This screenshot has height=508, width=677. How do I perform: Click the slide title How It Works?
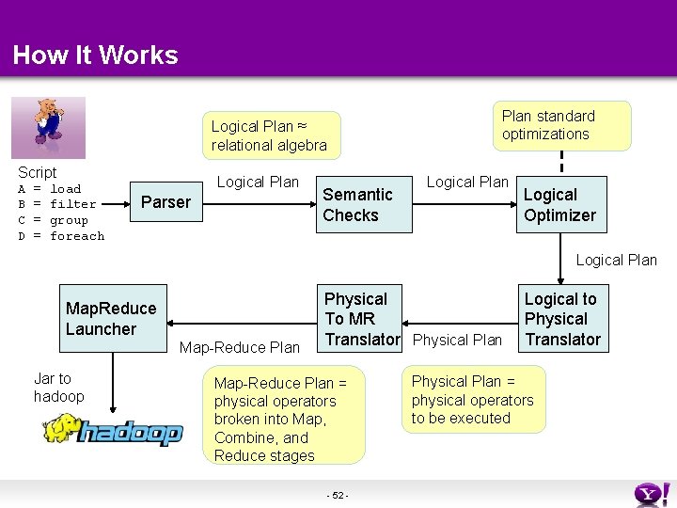(x=95, y=56)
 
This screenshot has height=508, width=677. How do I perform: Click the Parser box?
(x=165, y=201)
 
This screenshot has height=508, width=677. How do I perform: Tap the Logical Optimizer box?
(x=559, y=205)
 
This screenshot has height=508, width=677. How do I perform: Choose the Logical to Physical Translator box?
(x=562, y=319)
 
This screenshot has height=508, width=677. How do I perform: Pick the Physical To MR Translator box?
(x=362, y=319)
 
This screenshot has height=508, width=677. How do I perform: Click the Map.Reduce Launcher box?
(x=111, y=319)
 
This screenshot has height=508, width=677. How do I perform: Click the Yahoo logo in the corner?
(x=652, y=493)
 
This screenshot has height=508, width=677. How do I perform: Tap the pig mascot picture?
(x=48, y=126)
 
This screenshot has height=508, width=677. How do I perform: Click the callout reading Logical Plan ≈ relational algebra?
(x=269, y=135)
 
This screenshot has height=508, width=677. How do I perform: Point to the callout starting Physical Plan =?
(x=473, y=400)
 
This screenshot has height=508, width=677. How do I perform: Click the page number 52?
(x=338, y=496)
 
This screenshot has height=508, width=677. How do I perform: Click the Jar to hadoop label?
(x=58, y=388)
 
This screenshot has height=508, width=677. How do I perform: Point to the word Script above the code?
(x=38, y=172)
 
